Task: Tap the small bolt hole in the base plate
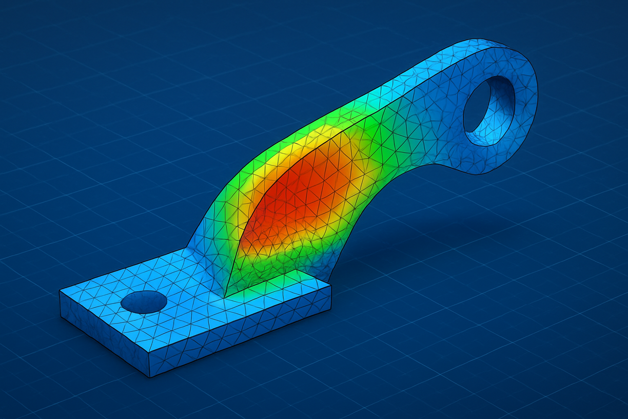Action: tap(144, 302)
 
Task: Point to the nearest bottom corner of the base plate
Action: tap(149, 377)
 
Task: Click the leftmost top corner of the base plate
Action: tap(60, 291)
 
